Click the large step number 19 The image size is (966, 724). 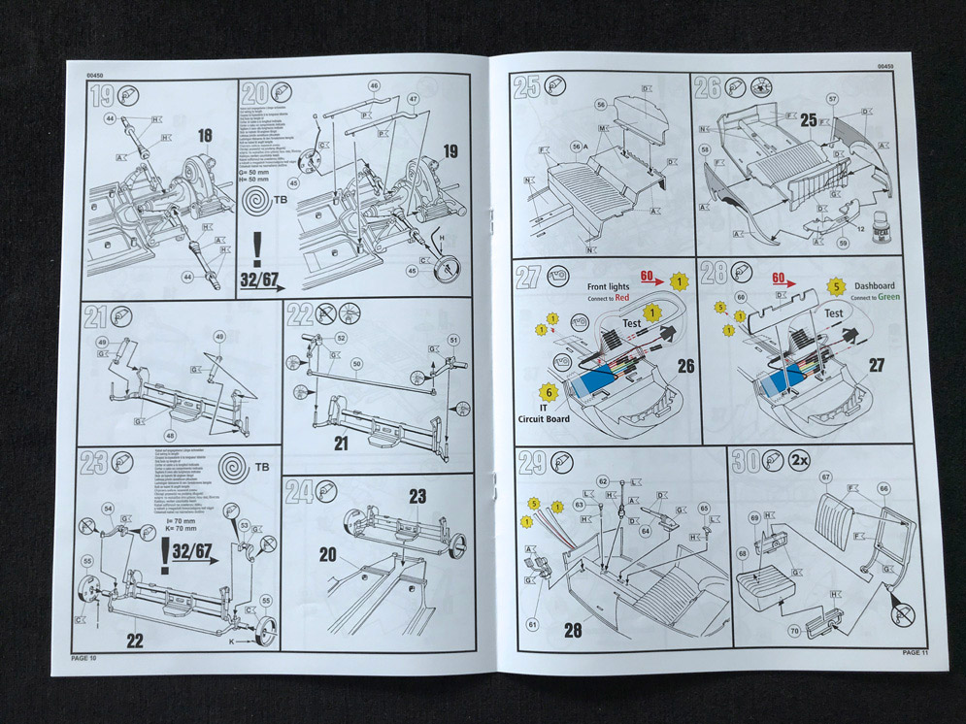(101, 95)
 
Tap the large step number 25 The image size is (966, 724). (527, 87)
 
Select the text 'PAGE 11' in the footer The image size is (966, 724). (915, 652)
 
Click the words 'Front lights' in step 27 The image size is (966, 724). (611, 287)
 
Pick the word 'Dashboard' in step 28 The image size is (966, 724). (877, 287)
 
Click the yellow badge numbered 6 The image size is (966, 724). (550, 391)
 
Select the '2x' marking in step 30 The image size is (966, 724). (800, 458)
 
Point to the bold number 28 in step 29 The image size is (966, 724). (574, 630)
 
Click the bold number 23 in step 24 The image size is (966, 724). (416, 496)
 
